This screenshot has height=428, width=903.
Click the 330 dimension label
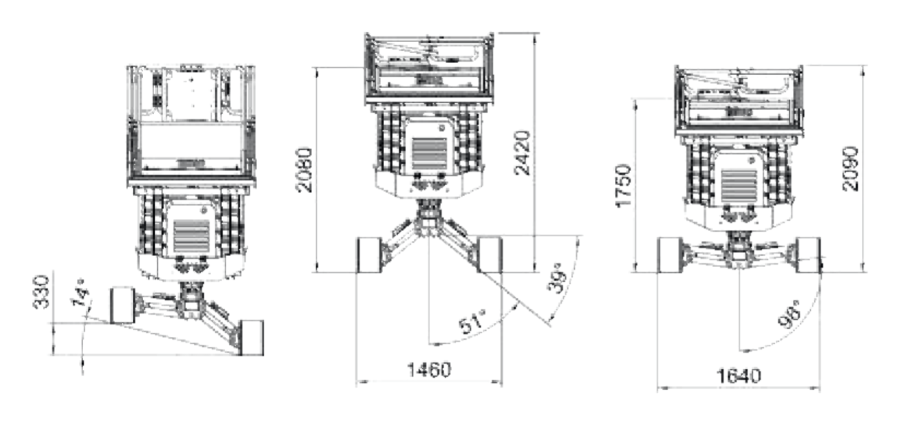click(x=40, y=292)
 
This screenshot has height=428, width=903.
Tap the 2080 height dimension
click(x=304, y=169)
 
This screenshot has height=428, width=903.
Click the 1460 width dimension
click(x=429, y=370)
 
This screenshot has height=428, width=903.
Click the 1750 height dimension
click(x=623, y=185)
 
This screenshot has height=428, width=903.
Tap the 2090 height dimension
click(x=851, y=168)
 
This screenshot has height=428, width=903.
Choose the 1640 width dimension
click(x=738, y=375)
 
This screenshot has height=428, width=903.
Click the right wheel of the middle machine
click(x=489, y=254)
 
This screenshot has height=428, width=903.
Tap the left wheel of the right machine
click(x=669, y=255)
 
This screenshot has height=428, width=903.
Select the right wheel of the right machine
click(x=809, y=255)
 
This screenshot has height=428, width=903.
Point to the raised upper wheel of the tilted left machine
click(x=123, y=304)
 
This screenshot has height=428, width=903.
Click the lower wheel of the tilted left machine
click(x=251, y=337)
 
